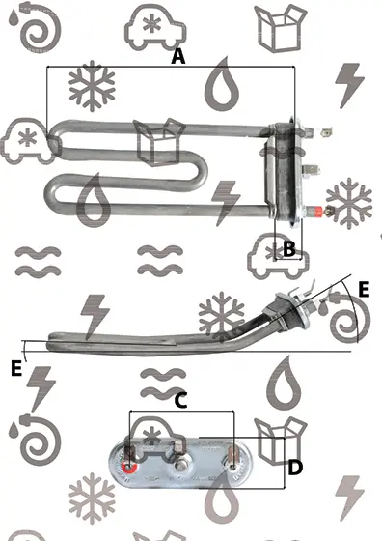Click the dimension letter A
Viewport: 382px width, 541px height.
178,56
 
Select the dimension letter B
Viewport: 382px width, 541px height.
289,248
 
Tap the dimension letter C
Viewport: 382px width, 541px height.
180,401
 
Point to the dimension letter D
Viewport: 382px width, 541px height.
295,468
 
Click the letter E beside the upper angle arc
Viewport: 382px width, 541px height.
364,290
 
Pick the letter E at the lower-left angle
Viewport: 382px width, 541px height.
16,368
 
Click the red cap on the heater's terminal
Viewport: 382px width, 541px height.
316,211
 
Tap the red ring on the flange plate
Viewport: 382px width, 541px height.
129,467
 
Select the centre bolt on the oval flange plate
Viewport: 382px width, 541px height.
179,466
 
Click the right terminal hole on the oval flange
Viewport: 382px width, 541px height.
232,467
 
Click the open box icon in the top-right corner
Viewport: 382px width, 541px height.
281,28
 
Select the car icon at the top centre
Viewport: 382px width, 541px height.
155,28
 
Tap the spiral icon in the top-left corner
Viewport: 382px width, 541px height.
35,28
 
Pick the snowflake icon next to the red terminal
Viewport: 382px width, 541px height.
349,203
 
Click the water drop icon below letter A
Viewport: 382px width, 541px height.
222,84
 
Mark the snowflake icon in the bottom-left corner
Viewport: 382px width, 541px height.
92,498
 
